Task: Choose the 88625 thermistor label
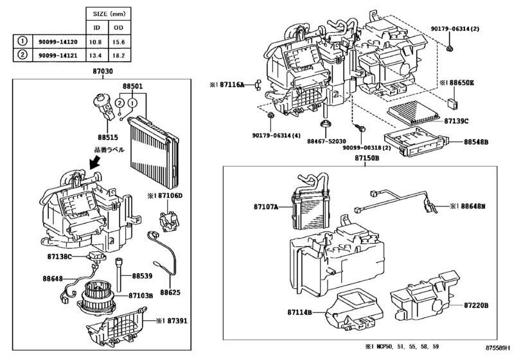pos(170,292)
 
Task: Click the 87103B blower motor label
pos(140,296)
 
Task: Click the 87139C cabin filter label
pos(457,121)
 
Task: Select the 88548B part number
pos(477,140)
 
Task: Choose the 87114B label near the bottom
pos(299,312)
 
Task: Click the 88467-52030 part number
pos(326,141)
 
